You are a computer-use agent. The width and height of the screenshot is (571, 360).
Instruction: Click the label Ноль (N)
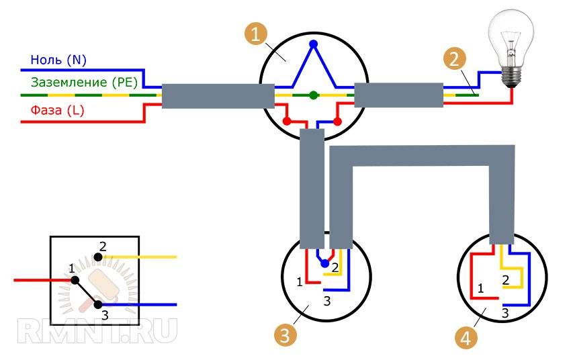[x=59, y=60]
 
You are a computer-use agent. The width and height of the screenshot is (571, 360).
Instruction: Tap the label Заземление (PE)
[x=84, y=83]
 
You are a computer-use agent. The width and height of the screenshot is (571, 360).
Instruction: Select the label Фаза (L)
[x=57, y=111]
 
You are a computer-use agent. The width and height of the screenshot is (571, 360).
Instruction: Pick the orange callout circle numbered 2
[x=455, y=59]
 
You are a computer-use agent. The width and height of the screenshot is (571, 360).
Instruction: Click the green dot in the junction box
[x=314, y=95]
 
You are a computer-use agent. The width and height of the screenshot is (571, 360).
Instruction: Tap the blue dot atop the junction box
[x=313, y=44]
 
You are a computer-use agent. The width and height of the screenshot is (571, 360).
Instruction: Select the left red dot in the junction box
[x=288, y=122]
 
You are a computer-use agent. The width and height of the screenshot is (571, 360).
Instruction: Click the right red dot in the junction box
[x=339, y=122]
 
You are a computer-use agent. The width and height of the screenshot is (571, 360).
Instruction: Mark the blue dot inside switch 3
[x=325, y=265]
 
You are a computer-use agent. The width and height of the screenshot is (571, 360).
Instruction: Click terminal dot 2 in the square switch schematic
[x=99, y=257]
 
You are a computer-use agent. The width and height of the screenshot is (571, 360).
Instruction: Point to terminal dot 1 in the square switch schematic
[x=75, y=280]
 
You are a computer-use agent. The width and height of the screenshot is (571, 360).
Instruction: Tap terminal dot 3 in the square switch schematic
[x=97, y=305]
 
